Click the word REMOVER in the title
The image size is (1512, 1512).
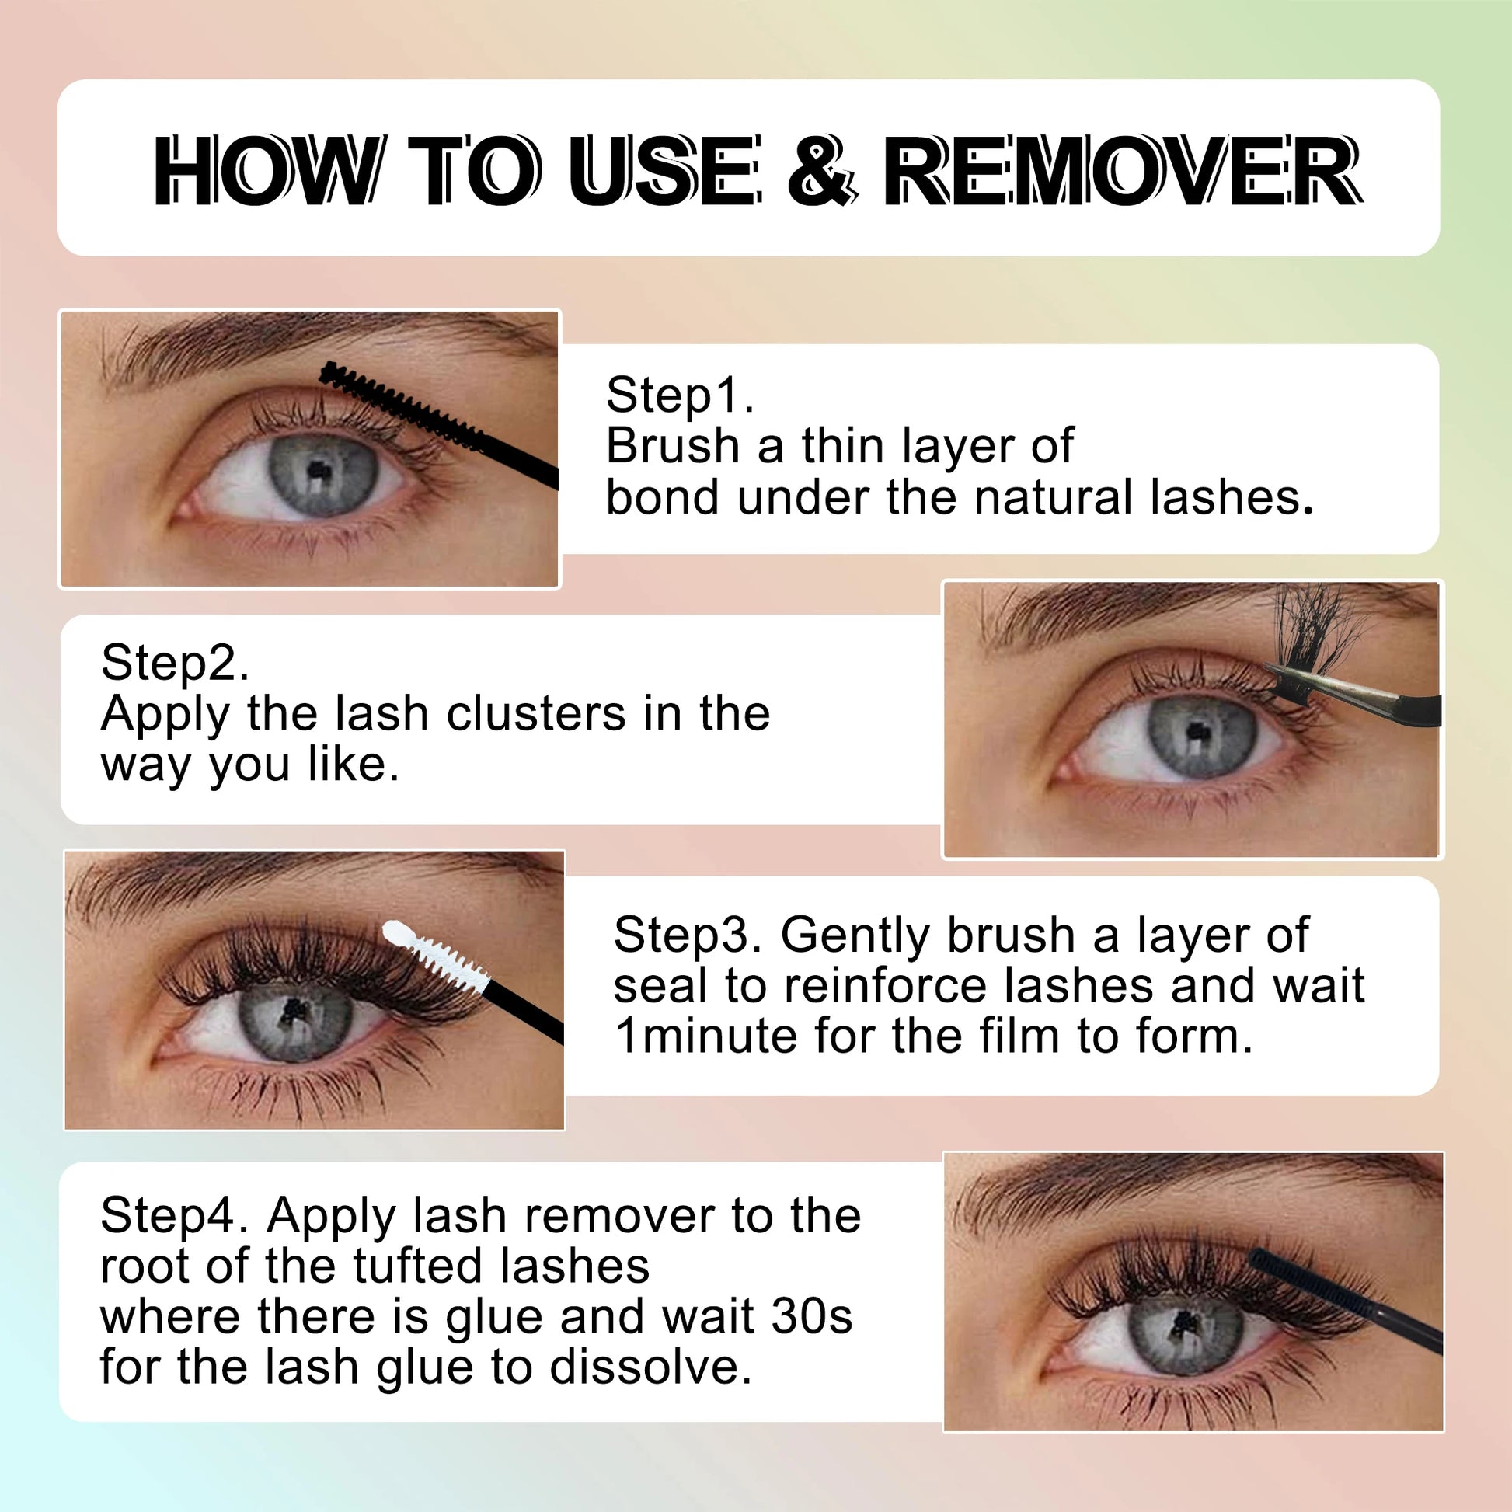pyautogui.click(x=1124, y=172)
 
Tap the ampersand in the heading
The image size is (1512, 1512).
pyautogui.click(x=822, y=172)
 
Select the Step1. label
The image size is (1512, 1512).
pyautogui.click(x=680, y=395)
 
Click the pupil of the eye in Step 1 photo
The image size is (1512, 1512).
pyautogui.click(x=317, y=471)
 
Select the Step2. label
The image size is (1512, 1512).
pyautogui.click(x=175, y=662)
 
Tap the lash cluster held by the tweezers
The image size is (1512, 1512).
pyautogui.click(x=1315, y=626)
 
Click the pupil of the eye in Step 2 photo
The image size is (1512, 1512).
pyautogui.click(x=1194, y=733)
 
